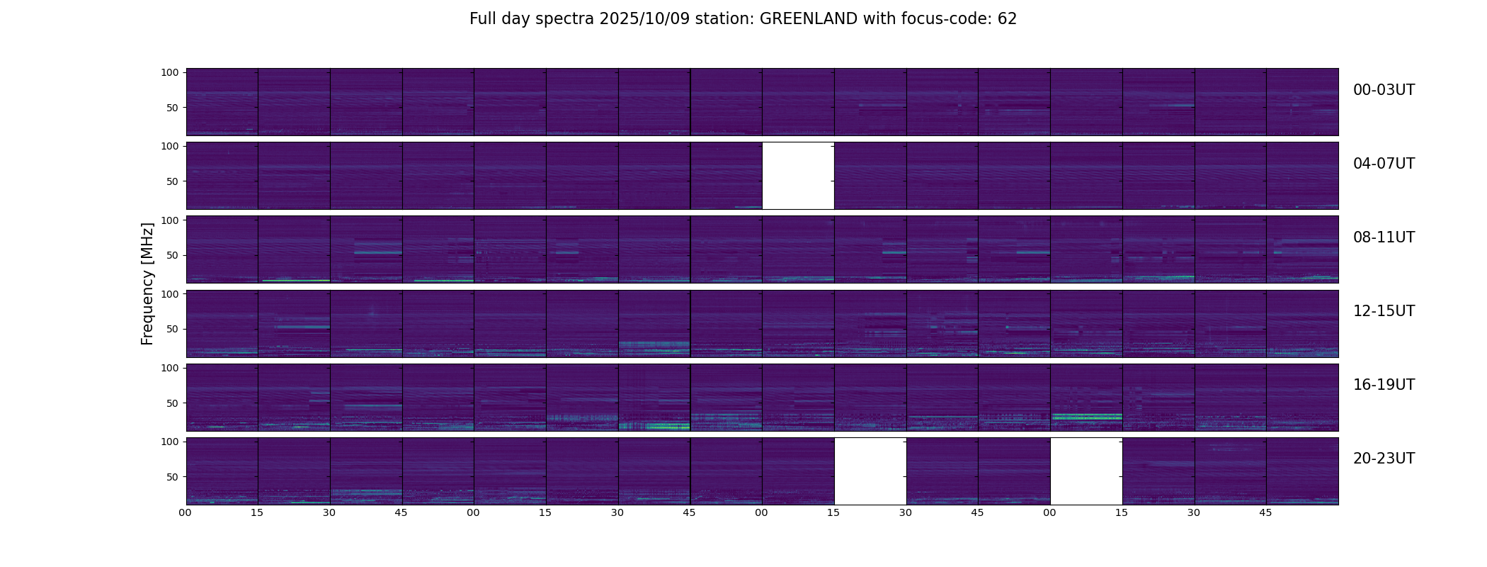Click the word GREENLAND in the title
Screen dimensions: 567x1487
coord(808,19)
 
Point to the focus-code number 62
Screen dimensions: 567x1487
coord(1007,19)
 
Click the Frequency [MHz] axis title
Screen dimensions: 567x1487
coord(147,283)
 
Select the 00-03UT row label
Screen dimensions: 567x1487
coord(1384,90)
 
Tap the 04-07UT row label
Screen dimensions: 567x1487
coord(1384,164)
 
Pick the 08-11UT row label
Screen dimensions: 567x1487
coord(1384,237)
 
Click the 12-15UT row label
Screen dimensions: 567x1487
coord(1384,311)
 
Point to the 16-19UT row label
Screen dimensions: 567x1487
coord(1384,385)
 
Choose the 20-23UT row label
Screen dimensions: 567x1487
coord(1384,459)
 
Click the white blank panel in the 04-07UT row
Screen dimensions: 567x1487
coord(798,176)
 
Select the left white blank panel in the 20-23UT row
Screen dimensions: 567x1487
coord(870,471)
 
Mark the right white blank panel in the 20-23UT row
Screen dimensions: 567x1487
coord(1086,471)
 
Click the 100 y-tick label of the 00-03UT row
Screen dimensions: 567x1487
coord(169,72)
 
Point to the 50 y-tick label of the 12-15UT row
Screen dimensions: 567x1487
coord(172,330)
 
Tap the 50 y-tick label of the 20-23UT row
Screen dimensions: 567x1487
coord(172,477)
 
